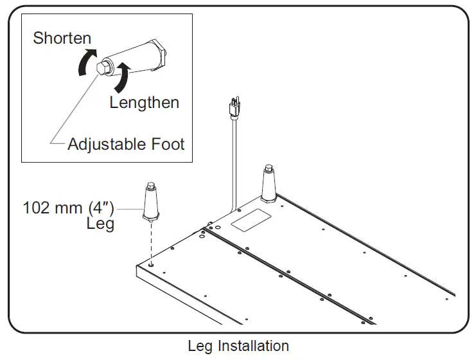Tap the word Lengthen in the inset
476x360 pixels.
coord(144,102)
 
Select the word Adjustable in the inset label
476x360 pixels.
coord(107,144)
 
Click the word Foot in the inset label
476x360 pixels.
coord(168,144)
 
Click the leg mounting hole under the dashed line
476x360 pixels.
coord(152,264)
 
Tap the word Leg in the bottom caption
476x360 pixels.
coord(200,346)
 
